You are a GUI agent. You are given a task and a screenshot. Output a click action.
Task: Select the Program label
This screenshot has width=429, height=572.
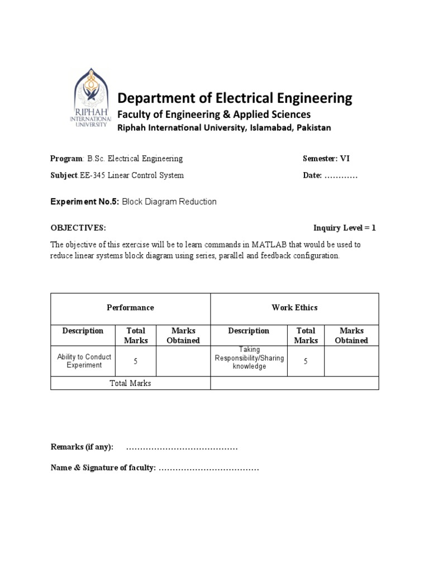click(x=66, y=159)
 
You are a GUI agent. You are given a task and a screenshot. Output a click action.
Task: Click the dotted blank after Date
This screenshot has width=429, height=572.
click(x=341, y=176)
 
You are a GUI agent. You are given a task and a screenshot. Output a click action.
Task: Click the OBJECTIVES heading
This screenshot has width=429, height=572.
click(x=78, y=228)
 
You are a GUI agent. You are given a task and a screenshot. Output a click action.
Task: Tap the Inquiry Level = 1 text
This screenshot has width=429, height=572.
click(x=345, y=228)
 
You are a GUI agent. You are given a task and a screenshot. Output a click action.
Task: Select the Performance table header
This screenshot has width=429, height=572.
click(x=130, y=308)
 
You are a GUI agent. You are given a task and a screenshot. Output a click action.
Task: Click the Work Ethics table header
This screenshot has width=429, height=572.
click(x=294, y=308)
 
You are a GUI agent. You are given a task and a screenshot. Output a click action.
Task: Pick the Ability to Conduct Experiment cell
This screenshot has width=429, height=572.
click(x=84, y=361)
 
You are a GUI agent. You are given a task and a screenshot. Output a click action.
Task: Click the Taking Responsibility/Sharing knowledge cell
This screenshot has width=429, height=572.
click(x=249, y=358)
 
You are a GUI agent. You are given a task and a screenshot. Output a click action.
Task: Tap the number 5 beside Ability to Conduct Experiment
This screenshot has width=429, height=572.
click(x=136, y=361)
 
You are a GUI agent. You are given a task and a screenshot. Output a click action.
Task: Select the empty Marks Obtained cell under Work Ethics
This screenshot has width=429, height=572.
click(x=351, y=361)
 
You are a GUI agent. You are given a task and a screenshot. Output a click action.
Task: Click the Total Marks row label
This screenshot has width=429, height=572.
click(x=130, y=383)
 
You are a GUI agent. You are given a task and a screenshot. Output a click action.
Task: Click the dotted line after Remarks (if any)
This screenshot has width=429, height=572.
click(x=182, y=447)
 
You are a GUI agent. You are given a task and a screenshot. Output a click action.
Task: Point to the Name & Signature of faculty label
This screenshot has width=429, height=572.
click(x=103, y=468)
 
